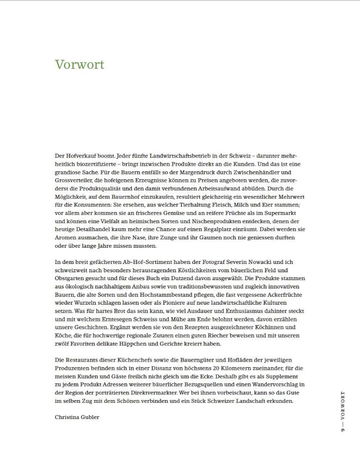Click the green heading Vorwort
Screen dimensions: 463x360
79,64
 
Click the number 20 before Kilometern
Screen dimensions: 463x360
200,368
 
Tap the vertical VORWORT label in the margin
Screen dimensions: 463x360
343,408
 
